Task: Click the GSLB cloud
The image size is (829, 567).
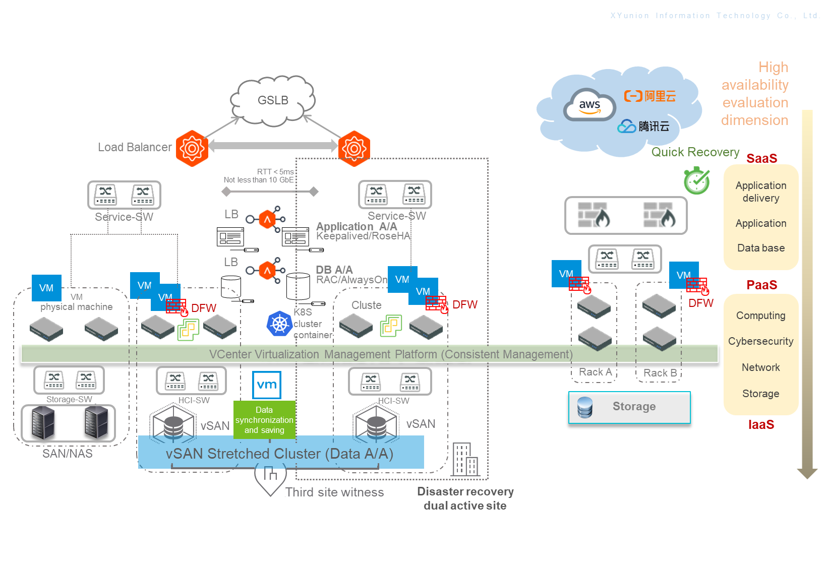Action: coord(273,100)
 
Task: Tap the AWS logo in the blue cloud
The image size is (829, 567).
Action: coord(589,105)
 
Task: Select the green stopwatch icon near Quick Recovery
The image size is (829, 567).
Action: coord(696,181)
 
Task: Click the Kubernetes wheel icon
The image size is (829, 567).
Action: coord(279,324)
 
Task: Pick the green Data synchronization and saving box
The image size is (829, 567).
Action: coord(264,420)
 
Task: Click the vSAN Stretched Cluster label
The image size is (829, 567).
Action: coord(280,454)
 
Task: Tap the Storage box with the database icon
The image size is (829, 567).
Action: coord(629,407)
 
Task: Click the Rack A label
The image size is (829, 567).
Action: coord(595,372)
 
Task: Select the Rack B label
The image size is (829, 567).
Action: coord(660,373)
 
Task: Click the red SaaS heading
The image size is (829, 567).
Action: coord(761,158)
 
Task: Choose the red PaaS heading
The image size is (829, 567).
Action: coord(761,285)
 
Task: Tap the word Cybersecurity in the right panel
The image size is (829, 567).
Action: coord(760,341)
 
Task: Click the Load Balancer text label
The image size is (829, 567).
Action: coord(135,147)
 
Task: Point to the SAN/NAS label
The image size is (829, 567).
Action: coord(68,454)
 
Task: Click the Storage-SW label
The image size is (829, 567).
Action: coord(69,399)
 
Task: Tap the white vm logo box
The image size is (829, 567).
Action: coord(267,385)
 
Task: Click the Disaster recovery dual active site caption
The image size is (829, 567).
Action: coord(465,498)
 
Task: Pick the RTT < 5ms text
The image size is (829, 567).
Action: coord(275,172)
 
